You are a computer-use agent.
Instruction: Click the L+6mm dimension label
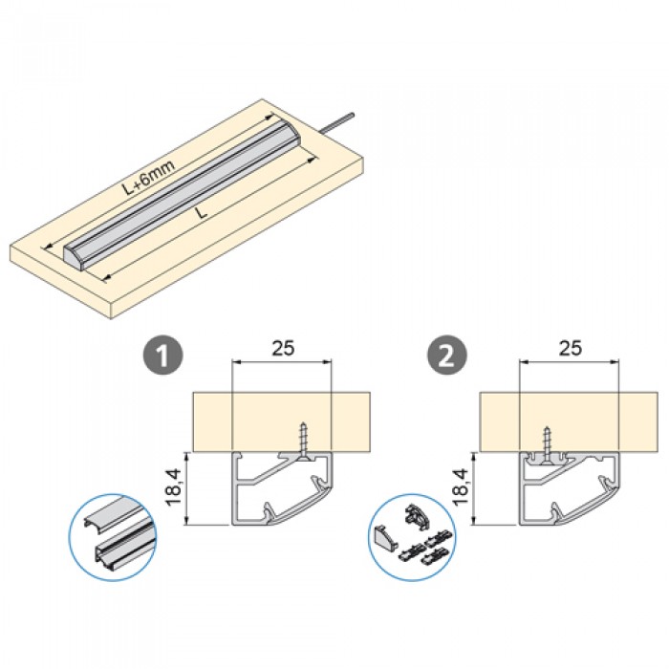pyautogui.click(x=150, y=177)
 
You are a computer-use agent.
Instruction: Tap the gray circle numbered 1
pyautogui.click(x=163, y=355)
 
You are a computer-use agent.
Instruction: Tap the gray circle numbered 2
pyautogui.click(x=447, y=355)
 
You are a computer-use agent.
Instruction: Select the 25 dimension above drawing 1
pyautogui.click(x=283, y=348)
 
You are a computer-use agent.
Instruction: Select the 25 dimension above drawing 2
pyautogui.click(x=571, y=348)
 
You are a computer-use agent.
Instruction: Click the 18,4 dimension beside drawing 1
pyautogui.click(x=174, y=487)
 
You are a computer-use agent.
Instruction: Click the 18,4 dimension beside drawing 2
pyautogui.click(x=461, y=487)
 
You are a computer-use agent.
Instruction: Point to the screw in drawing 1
pyautogui.click(x=303, y=442)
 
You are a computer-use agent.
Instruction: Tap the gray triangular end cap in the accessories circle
pyautogui.click(x=386, y=537)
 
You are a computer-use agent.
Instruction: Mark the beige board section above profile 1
pyautogui.click(x=282, y=421)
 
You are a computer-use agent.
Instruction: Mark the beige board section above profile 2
pyautogui.click(x=569, y=421)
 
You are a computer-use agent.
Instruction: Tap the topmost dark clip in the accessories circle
pyautogui.click(x=417, y=514)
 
